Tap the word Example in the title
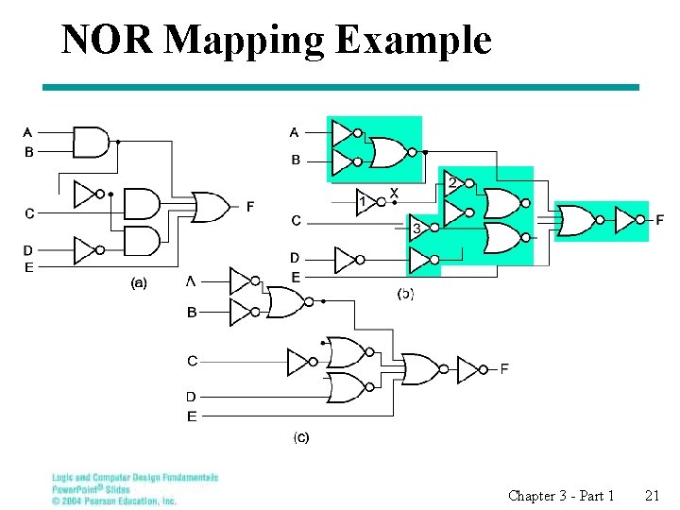coord(413,40)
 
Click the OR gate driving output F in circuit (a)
coord(210,206)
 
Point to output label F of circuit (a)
coord(249,207)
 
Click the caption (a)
coord(139,282)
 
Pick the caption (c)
coord(300,436)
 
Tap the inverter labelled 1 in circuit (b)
coord(365,203)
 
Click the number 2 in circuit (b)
coord(452,181)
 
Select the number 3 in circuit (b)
coord(416,229)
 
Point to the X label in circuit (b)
coord(394,193)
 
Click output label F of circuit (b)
coord(659,220)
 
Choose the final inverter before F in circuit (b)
coord(626,220)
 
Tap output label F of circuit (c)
coord(504,368)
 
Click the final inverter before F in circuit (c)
coord(469,369)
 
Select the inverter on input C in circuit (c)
coord(299,361)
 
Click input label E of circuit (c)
coord(192,416)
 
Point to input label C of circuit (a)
coord(28,213)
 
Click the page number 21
coord(652,495)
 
